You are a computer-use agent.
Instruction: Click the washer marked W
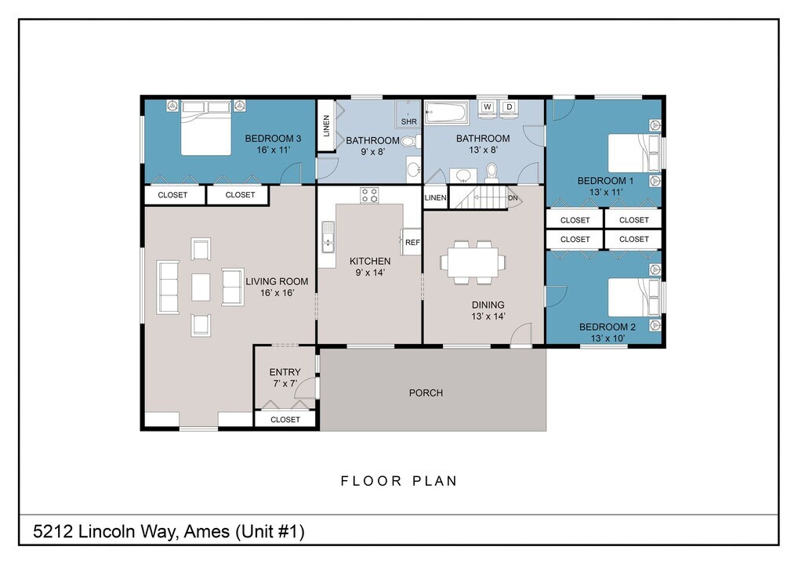coord(487,107)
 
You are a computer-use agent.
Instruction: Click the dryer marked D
coord(509,107)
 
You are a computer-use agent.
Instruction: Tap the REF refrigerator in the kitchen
coord(412,242)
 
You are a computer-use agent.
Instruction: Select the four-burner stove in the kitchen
coord(369,195)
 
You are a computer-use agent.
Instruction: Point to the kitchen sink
coord(327,237)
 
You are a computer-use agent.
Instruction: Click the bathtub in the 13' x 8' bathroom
coord(447,113)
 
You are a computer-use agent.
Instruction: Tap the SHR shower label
coord(409,122)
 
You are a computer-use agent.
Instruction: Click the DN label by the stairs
coord(513,198)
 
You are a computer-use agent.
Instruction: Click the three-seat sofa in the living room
coord(169,287)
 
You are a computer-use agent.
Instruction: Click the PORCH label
coord(426,392)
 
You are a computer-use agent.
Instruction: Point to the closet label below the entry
coord(285,420)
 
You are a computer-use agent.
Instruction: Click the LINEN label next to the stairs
coord(435,198)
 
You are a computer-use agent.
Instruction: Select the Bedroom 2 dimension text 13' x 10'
coord(603,338)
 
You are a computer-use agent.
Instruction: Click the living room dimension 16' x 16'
coord(276,293)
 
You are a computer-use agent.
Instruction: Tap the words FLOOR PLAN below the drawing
coord(398,481)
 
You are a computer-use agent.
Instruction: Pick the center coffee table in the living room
coord(201,287)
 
